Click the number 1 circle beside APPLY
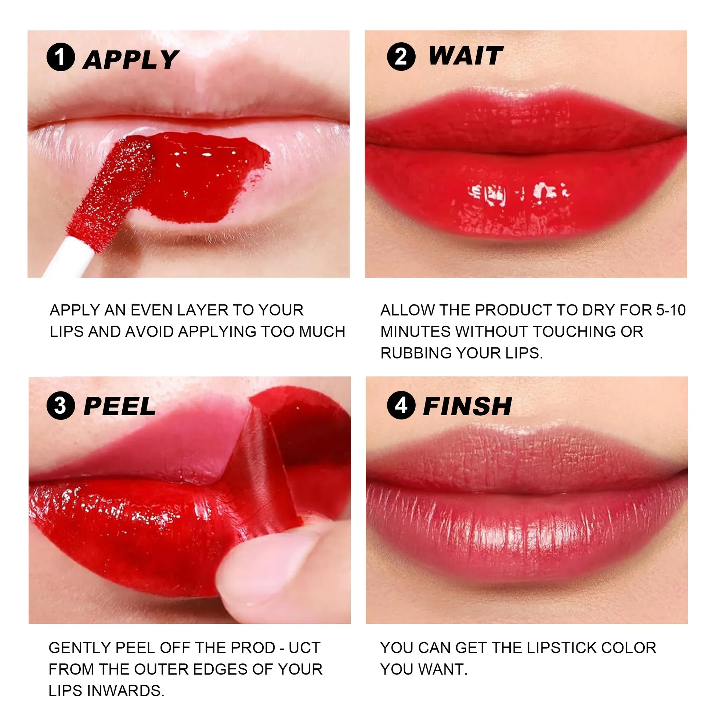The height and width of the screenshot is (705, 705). point(61,57)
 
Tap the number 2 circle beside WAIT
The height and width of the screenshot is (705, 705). point(401,57)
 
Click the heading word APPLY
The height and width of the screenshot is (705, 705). point(131,59)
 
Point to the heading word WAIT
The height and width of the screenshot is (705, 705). point(466,56)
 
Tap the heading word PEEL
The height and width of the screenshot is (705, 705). point(120,406)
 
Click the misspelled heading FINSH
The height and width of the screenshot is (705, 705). point(467,406)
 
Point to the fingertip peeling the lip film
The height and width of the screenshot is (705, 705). point(264,573)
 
